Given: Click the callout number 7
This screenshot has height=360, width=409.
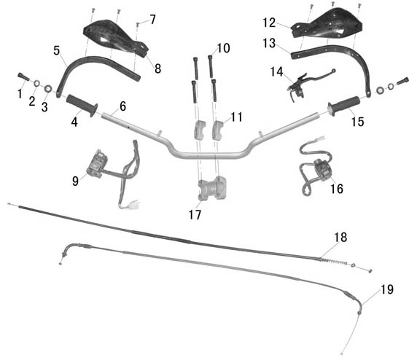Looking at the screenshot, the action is [x=152, y=20].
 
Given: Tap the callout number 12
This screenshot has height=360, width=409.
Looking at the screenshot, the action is [x=269, y=23].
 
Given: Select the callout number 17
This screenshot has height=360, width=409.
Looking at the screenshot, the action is [x=195, y=215].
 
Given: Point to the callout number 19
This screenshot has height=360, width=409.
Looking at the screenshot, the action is [x=387, y=289].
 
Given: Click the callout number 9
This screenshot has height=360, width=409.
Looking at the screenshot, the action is [x=75, y=181].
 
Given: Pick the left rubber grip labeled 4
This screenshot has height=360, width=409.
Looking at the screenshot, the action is [x=82, y=106].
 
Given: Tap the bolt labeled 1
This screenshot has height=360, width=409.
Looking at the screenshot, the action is [x=24, y=77].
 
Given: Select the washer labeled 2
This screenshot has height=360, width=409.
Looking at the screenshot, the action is [x=37, y=83].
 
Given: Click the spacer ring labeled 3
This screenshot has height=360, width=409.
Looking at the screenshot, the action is [x=48, y=89].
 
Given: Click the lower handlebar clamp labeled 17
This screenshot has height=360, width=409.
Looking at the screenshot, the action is [x=212, y=188].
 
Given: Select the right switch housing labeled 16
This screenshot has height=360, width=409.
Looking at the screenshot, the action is [x=322, y=169].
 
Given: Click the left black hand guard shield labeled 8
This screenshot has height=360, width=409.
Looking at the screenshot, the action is [x=114, y=36].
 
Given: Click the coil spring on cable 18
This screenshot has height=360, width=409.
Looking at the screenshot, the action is [x=333, y=262].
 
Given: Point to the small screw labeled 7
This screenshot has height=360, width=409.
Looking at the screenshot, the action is [x=138, y=25].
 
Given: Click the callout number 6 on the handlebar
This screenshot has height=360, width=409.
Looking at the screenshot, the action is [x=123, y=106].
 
